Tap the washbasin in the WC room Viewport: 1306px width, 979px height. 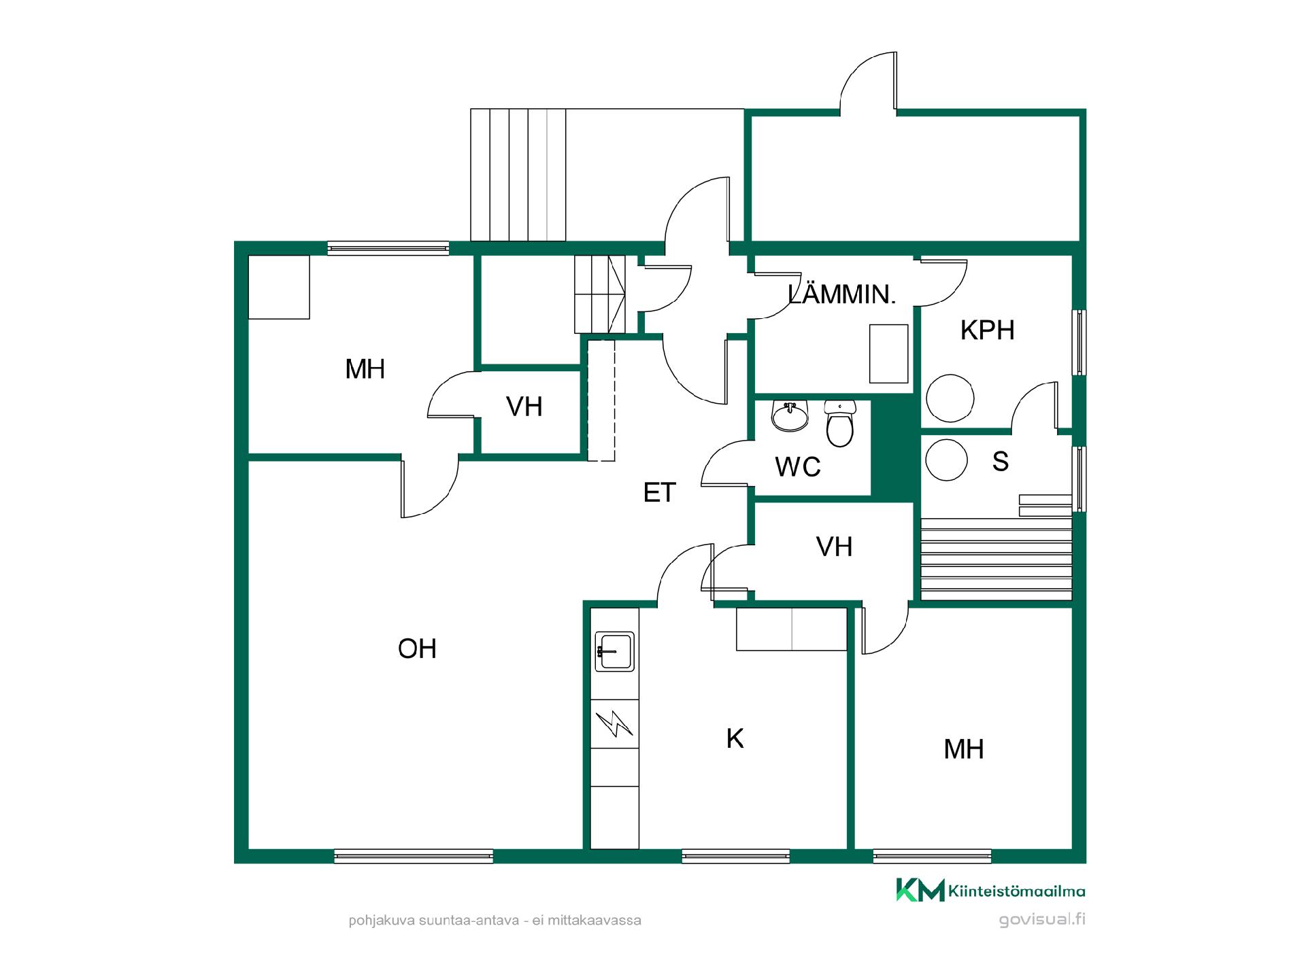click(x=790, y=415)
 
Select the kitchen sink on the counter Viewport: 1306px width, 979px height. click(x=615, y=652)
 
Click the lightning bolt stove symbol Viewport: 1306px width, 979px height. click(x=614, y=724)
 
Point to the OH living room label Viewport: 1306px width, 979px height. click(x=417, y=649)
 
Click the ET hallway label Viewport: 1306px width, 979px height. click(x=659, y=492)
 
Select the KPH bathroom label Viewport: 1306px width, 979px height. click(x=987, y=330)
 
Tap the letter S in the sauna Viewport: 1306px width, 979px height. click(x=1000, y=461)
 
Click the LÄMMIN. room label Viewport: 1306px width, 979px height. click(x=842, y=294)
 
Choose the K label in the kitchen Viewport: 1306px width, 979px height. click(x=735, y=738)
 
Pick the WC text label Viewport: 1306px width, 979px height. click(x=798, y=467)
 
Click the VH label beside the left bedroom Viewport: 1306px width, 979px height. click(x=524, y=407)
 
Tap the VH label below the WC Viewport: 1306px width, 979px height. click(x=835, y=547)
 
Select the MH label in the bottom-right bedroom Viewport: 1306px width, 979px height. click(x=964, y=749)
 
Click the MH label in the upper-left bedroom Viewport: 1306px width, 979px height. click(x=365, y=369)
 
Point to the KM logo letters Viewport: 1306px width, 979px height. click(x=920, y=890)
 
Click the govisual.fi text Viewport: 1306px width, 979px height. click(x=1042, y=920)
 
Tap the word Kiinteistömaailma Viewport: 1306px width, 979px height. click(x=1017, y=891)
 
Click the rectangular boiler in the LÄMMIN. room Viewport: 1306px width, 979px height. click(x=889, y=354)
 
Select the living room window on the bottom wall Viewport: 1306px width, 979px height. click(x=414, y=856)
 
